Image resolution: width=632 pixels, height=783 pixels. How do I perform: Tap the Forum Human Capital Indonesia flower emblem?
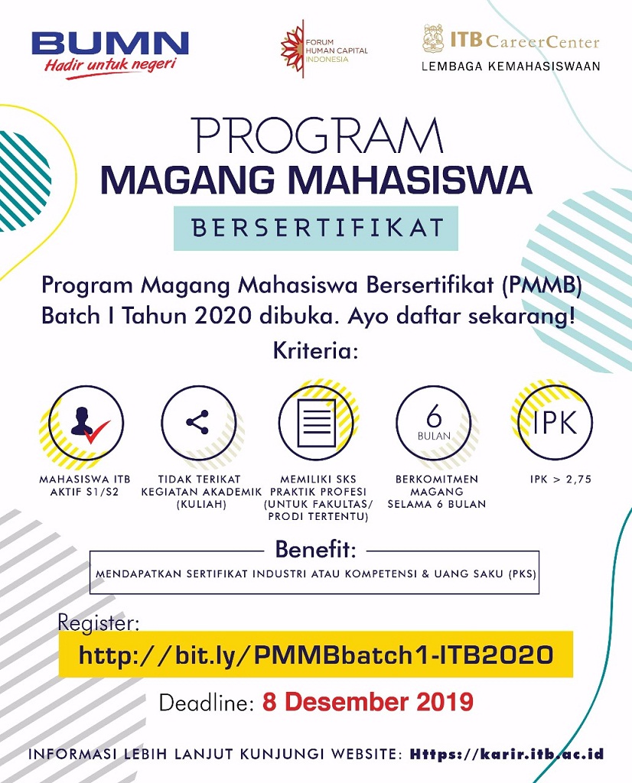coord(292,49)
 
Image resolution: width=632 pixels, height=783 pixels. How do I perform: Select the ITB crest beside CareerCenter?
coord(433,38)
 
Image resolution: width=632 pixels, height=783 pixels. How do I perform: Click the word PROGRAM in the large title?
coord(318,135)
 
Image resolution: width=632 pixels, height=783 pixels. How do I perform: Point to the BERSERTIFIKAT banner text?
coord(318,228)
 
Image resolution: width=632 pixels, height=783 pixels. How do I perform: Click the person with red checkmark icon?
coord(89,422)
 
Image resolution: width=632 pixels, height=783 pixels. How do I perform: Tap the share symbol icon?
coord(197,422)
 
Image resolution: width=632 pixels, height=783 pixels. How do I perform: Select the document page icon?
coord(316,422)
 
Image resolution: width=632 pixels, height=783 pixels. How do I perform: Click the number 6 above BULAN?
coord(434,415)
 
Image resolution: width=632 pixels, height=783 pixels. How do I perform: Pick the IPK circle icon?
coord(555,422)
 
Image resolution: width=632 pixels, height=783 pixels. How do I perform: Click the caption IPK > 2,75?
coord(561,479)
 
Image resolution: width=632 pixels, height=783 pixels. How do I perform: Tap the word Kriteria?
coord(316,350)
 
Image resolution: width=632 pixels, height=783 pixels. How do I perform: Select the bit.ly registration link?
coord(316,655)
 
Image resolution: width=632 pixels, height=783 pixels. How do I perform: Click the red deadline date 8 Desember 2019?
coord(368,702)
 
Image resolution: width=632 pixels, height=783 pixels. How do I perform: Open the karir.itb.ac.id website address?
coord(507,754)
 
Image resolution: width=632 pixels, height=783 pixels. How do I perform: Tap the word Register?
coord(99,623)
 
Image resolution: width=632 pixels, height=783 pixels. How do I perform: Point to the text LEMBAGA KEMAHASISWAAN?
coord(510,67)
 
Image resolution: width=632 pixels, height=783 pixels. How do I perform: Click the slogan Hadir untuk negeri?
coord(110,66)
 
